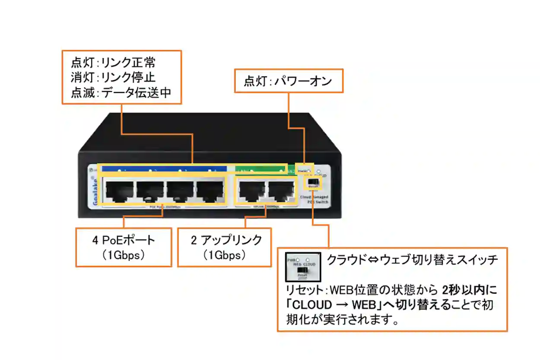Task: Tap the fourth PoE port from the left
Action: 210,191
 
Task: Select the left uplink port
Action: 252,191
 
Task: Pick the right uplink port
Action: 281,191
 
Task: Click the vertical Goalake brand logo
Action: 94,191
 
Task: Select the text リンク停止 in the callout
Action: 128,78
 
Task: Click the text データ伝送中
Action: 136,93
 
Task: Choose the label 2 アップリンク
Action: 226,240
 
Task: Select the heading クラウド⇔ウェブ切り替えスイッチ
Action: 413,260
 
